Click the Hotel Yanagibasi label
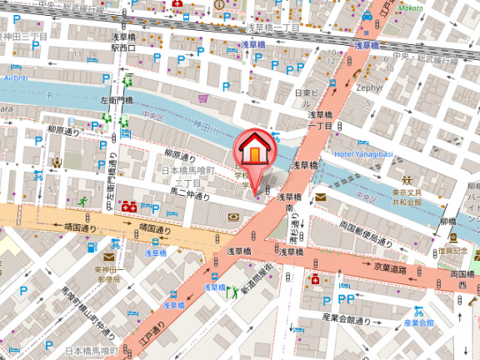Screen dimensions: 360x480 [362, 154]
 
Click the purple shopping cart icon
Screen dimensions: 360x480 [203, 97]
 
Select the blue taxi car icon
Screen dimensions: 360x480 [367, 16]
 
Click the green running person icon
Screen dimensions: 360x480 [83, 200]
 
